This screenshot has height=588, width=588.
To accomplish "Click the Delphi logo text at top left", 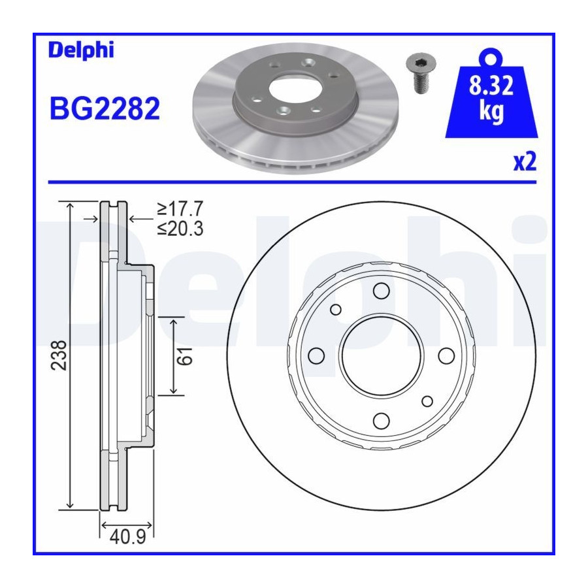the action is point(81,50).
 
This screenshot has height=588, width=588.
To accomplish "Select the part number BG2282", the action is point(105,108).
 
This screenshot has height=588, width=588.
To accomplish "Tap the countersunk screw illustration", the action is point(421,73).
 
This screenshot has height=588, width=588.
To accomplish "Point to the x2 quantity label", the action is point(525,161).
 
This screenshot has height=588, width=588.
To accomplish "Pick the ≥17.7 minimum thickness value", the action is point(180,208).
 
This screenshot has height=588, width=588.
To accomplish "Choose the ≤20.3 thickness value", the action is point(180,229).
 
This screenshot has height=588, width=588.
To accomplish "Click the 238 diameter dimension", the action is point(59,355).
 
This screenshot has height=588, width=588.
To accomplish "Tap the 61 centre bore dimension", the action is point(185,356).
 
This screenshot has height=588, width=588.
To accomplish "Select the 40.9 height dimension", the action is point(127,538).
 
